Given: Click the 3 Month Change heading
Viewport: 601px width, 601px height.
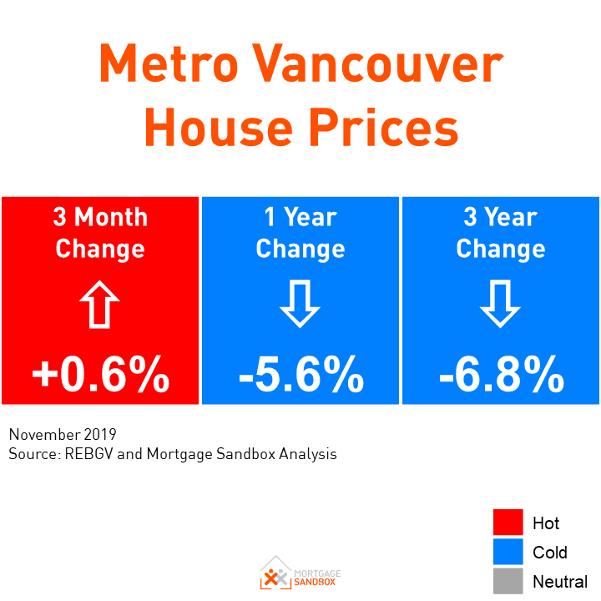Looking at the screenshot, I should [x=100, y=233].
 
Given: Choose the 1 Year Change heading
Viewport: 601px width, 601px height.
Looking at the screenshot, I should [x=300, y=233].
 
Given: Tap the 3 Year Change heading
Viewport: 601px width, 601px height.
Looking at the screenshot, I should [x=501, y=233].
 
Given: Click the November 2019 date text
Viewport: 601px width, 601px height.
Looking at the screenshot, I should [x=63, y=435].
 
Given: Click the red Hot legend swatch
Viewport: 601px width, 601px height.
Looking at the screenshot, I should [x=508, y=523].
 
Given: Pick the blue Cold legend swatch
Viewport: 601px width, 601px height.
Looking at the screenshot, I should [x=508, y=552].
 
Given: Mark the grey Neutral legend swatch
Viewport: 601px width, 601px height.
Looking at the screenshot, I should [x=508, y=581].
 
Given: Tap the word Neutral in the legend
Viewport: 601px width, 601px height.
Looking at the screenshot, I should [x=560, y=582].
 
